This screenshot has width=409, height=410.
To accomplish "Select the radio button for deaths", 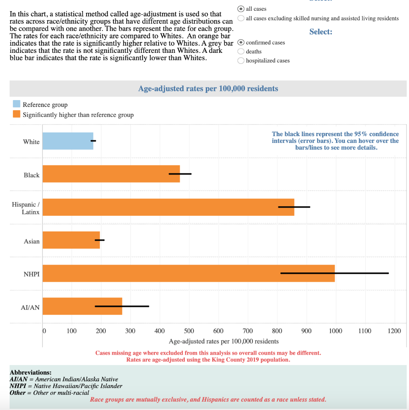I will [241, 51].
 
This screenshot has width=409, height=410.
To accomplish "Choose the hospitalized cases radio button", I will [241, 60].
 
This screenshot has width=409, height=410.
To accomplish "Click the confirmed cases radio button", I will [241, 42].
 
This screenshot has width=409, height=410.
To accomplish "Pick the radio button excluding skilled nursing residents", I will [241, 18].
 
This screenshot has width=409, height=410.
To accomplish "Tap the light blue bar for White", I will [68, 141].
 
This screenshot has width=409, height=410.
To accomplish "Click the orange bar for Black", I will [111, 174].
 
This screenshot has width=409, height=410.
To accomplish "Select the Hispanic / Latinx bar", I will [168, 207].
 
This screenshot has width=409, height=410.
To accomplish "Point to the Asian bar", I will [71, 240].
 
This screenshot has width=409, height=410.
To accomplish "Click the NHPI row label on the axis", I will [31, 274].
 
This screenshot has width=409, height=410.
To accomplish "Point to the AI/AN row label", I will [30, 307].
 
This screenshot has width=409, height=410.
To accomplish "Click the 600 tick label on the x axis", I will [218, 331].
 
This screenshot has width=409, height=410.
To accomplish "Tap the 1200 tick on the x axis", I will [394, 331].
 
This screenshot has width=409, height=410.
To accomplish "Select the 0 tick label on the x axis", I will [44, 331].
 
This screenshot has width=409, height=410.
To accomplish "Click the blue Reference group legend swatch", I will [16, 104].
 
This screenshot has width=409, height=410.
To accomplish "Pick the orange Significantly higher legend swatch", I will [16, 114].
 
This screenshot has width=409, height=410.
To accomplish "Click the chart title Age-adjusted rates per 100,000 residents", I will [208, 88].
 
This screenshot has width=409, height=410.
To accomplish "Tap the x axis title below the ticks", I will [224, 341].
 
